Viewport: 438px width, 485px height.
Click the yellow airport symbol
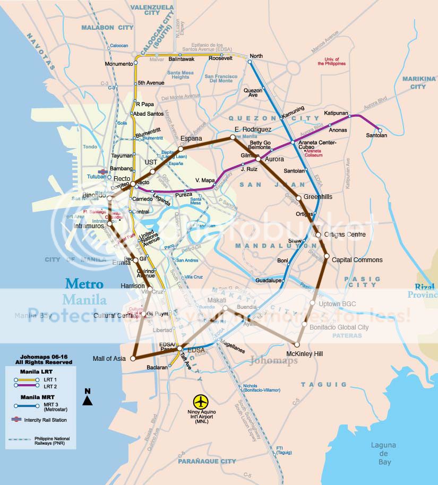pyautogui.click(x=201, y=401)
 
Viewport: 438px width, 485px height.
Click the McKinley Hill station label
pyautogui.click(x=304, y=353)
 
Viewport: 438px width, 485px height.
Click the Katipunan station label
pyautogui.click(x=336, y=113)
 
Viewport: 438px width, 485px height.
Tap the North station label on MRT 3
pyautogui.click(x=256, y=56)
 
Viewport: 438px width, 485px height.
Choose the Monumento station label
pyautogui.click(x=118, y=64)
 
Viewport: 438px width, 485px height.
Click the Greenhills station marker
pyautogui.click(x=299, y=198)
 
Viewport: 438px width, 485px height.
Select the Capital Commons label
pyautogui.click(x=357, y=260)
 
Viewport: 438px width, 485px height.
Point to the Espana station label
pyautogui.click(x=191, y=138)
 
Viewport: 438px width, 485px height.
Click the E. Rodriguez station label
pyautogui.click(x=253, y=129)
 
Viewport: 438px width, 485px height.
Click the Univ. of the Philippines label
pyautogui.click(x=331, y=61)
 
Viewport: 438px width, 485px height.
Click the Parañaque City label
pyautogui.click(x=207, y=461)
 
